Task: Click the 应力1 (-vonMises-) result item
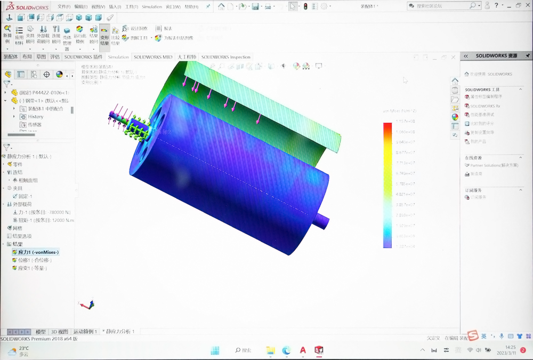tap(37, 252)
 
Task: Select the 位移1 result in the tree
tap(33, 260)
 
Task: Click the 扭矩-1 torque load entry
tap(45, 220)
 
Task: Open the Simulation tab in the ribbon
tap(118, 57)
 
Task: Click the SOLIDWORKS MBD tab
tap(153, 57)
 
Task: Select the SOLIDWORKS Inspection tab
tap(225, 57)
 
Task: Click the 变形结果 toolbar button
tap(104, 36)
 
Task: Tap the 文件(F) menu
tap(64, 6)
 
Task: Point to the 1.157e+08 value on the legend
tap(406, 122)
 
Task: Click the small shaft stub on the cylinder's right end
tap(322, 221)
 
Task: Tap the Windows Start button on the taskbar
tap(215, 350)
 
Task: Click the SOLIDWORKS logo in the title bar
tap(27, 6)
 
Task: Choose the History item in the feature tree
tap(36, 116)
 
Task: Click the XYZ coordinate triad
tap(87, 305)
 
